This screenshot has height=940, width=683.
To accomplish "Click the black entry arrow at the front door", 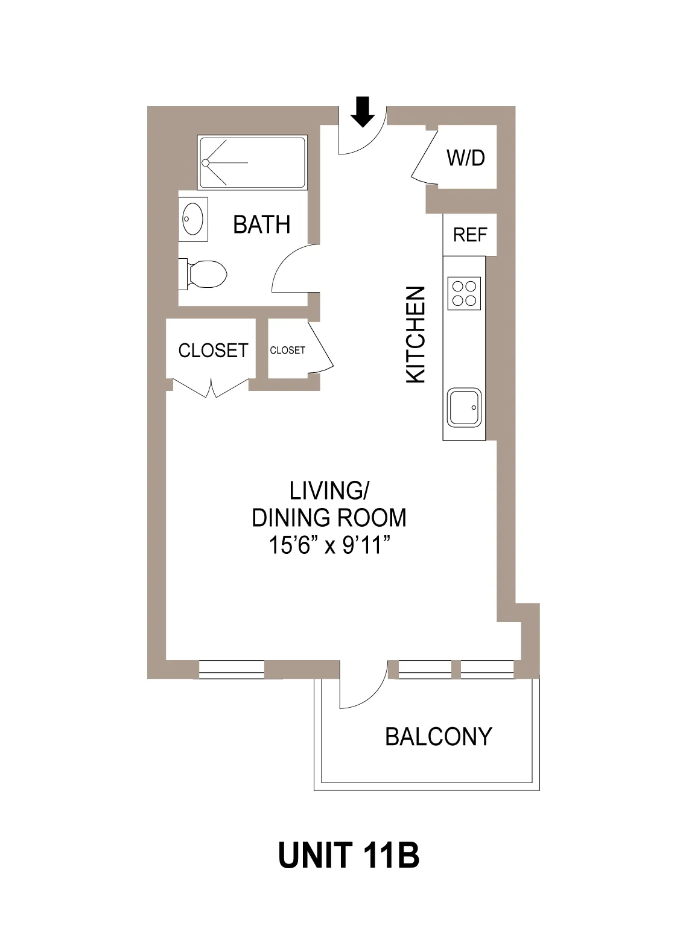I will pyautogui.click(x=362, y=112).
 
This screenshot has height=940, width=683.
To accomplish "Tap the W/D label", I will pyautogui.click(x=465, y=158).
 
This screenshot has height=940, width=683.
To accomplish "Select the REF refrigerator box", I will pyautogui.click(x=469, y=235).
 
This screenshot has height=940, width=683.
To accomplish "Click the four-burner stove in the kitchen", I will pyautogui.click(x=464, y=293).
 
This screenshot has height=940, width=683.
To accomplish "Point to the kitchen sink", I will pyautogui.click(x=464, y=407).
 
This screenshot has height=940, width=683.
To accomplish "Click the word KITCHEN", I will pyautogui.click(x=416, y=334).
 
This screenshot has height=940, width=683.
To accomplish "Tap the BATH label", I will pyautogui.click(x=261, y=224).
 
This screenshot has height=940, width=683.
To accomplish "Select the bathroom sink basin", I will pyautogui.click(x=193, y=219).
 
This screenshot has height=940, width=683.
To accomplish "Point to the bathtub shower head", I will pyautogui.click(x=206, y=163).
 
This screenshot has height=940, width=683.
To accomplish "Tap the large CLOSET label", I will pyautogui.click(x=213, y=351).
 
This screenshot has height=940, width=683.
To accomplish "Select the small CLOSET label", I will pyautogui.click(x=287, y=351).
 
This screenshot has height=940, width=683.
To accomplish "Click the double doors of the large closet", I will pyautogui.click(x=211, y=389).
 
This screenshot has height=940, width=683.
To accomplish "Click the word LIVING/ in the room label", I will pyautogui.click(x=329, y=491).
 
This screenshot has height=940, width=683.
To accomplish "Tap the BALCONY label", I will pyautogui.click(x=439, y=737).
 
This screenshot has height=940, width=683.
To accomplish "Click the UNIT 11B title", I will pyautogui.click(x=349, y=855).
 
